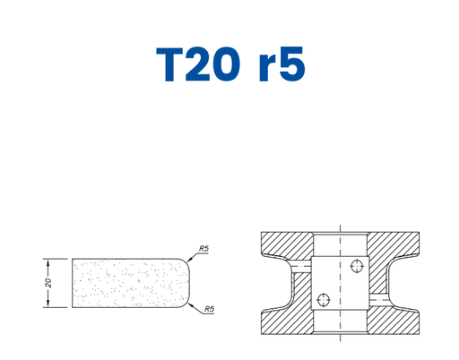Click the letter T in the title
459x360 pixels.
[169, 64]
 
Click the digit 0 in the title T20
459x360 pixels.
[226, 64]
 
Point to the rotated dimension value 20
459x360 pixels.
[48, 283]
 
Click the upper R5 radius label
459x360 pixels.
[204, 248]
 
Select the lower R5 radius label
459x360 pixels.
[210, 309]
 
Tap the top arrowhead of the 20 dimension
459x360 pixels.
[48, 261]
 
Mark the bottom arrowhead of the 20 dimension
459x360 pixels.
[48, 304]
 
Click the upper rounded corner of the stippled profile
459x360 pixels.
[186, 261]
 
